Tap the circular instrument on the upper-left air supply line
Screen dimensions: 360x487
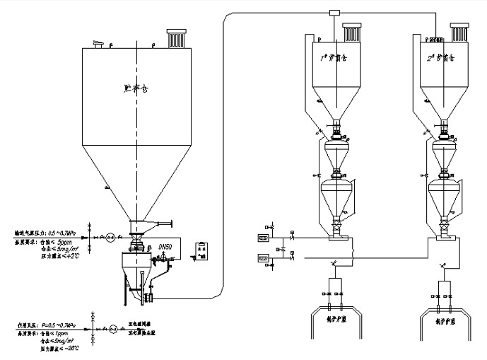click(x=110, y=238)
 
